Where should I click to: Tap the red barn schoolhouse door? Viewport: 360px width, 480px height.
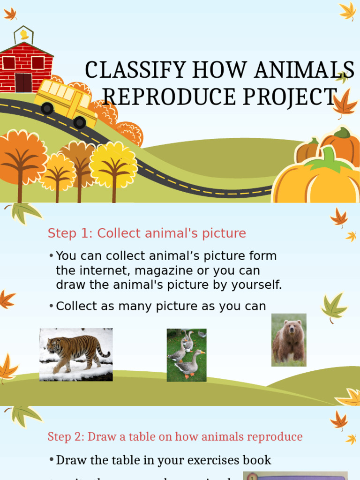point(23,82)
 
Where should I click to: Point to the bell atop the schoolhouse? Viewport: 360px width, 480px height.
point(23,35)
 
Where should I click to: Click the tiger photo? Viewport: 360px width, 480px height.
point(76,354)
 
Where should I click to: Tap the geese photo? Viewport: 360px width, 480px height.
point(187,355)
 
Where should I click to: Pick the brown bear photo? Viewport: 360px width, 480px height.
point(289,340)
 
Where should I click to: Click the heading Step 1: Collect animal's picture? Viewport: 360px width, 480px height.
point(147,233)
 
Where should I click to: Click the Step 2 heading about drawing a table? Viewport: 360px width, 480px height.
point(175,436)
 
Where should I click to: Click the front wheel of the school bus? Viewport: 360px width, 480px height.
point(80,122)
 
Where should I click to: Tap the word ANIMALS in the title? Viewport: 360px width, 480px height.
point(305,70)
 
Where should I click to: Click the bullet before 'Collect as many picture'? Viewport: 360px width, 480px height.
point(51,306)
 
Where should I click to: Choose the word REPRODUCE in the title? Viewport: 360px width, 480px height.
point(169,97)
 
